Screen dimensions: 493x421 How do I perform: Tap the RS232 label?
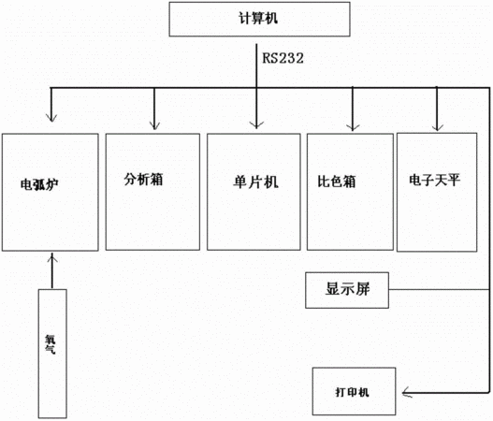coord(283,59)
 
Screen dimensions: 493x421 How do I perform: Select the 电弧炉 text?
coord(39,184)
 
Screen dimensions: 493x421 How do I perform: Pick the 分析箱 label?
coord(143,180)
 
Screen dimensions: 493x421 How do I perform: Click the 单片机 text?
coord(255,182)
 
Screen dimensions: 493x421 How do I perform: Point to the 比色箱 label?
coord(337,181)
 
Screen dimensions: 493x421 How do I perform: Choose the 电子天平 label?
coord(434,181)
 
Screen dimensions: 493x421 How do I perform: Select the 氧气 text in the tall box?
coord(51,344)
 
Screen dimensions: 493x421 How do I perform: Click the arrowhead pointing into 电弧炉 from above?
coord(51,118)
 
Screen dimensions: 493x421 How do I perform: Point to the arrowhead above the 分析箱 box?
coord(154,125)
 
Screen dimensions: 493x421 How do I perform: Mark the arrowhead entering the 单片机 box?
coord(256,124)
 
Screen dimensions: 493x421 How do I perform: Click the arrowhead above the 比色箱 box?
coord(353,126)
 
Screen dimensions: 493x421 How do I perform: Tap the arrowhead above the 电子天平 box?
coord(437,126)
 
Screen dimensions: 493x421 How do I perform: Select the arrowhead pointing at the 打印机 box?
coord(407,392)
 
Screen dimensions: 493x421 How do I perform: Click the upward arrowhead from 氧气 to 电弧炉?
coord(52,259)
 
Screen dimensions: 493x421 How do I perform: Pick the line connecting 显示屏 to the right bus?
coord(439,290)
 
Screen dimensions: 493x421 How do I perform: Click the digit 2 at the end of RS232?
coord(299,59)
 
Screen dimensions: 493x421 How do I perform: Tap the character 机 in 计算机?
coord(271,18)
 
